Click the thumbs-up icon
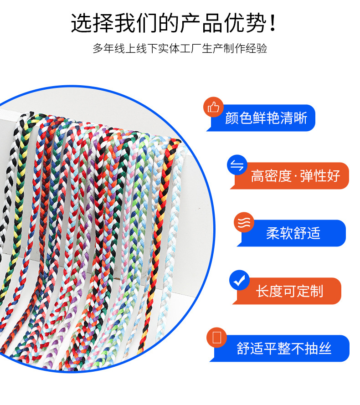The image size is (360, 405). (x=213, y=107)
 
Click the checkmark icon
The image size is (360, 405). (x=239, y=281)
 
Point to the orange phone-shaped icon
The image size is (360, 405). (x=216, y=338)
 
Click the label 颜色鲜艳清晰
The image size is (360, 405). (x=266, y=118)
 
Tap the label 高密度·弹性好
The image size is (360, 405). (x=295, y=176)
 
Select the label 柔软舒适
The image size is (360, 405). (x=293, y=233)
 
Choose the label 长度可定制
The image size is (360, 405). (x=289, y=291)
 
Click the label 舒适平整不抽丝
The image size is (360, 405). (x=284, y=349)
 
